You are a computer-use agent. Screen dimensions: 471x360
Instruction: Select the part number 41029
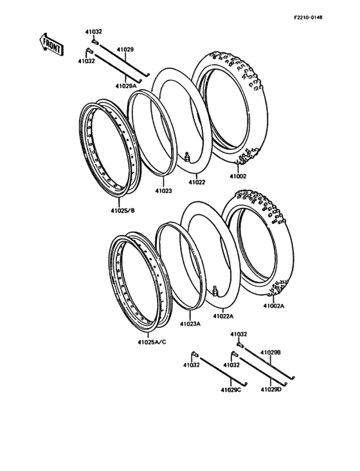click(x=125, y=49)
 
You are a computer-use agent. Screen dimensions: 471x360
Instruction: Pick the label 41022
click(x=197, y=182)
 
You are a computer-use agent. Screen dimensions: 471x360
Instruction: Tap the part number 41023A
click(x=190, y=324)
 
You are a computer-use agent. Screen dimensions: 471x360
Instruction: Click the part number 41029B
click(x=271, y=352)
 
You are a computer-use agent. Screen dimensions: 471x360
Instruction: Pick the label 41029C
click(x=230, y=390)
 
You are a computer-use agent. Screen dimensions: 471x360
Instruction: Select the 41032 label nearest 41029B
click(x=239, y=335)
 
